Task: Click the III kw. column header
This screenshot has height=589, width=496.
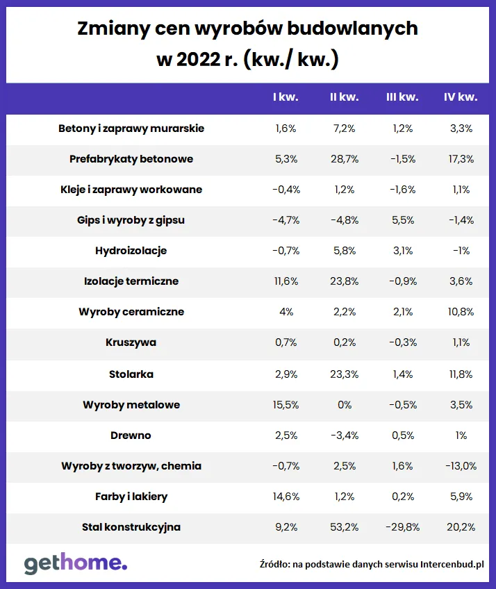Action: [x=402, y=97]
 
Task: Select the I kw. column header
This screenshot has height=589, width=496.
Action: [x=286, y=97]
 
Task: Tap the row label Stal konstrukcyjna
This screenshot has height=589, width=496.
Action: [x=131, y=527]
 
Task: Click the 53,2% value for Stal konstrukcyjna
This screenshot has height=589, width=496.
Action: [x=344, y=527]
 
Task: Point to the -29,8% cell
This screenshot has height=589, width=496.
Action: [x=402, y=527]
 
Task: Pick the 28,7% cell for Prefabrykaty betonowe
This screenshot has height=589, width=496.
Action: [x=344, y=159]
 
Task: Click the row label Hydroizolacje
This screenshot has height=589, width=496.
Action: [x=131, y=251]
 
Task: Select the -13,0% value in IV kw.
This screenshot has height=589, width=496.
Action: [x=461, y=466]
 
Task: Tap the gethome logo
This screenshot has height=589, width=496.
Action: [x=76, y=563]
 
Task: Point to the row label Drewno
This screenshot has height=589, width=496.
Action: [x=131, y=435]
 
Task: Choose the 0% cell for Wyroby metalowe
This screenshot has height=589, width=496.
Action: [x=344, y=405]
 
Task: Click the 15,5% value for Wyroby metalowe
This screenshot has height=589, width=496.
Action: [x=286, y=405]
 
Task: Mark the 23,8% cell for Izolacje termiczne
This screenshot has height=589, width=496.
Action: [x=344, y=281]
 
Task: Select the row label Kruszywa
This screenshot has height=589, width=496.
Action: [x=131, y=342]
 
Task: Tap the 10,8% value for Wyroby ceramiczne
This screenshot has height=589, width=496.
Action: [x=461, y=312]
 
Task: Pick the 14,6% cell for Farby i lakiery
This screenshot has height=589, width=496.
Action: [x=286, y=497]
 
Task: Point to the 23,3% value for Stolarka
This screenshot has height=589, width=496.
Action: [x=344, y=374]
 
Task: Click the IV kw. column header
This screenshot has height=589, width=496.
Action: [x=461, y=97]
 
